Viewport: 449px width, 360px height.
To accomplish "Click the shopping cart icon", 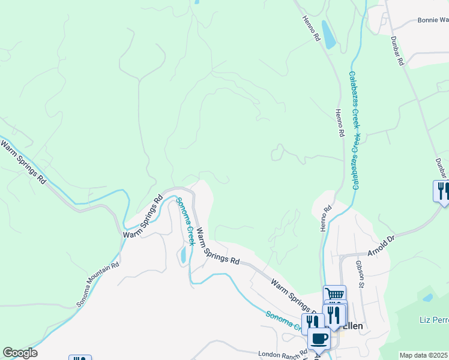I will pos(335,293).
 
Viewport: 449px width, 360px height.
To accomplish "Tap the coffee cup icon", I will pos(319,339).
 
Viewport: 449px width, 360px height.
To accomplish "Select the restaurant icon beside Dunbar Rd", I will pos(442,190).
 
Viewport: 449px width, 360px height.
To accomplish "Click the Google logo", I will pos(20,353).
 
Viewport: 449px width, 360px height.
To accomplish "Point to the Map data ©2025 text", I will pos(424,355).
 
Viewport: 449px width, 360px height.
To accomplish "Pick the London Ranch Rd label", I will pos(282,355).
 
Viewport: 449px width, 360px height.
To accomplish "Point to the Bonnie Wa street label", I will pos(433,20).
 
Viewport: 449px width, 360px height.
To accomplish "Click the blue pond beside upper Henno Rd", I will pos(328,34).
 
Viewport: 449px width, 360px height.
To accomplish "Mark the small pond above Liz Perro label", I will pos(427,297).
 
